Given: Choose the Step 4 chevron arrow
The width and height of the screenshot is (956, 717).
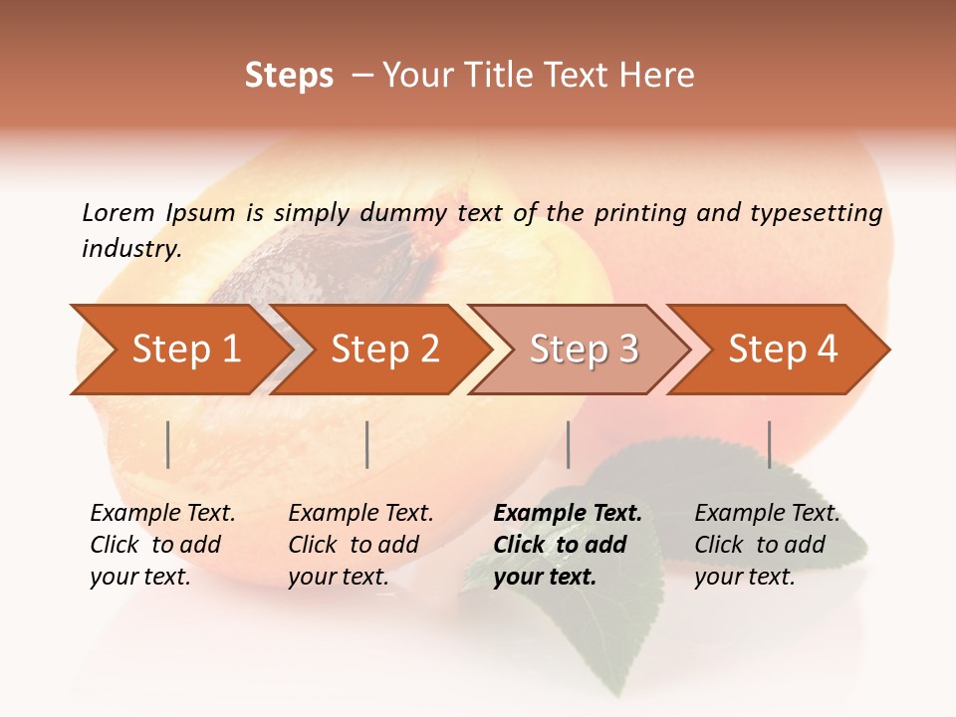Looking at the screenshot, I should coord(783,350).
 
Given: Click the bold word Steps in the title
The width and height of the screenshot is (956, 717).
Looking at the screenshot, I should coord(289,76).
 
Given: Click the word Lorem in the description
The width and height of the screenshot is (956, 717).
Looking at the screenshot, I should coord(119,212).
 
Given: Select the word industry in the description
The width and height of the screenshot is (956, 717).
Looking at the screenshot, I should coord(131,249).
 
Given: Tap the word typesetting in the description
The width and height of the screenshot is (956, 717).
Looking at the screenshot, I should coord(816,212).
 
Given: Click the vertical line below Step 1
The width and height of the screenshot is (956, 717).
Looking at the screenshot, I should coord(168,444).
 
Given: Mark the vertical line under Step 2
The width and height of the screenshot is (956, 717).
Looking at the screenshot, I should coord(367,444).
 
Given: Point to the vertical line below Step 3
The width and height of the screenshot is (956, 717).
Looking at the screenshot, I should coord(568,444).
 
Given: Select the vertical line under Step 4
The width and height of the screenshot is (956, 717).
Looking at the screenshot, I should coord(769,444).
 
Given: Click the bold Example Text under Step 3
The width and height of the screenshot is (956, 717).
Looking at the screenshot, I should coord(568,514).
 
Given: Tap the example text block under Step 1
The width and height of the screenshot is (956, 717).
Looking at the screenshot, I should coord(161,545).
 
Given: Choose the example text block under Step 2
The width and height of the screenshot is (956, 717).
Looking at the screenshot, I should coord(359,545).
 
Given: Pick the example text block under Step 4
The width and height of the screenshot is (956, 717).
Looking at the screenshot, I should coord(766,545).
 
